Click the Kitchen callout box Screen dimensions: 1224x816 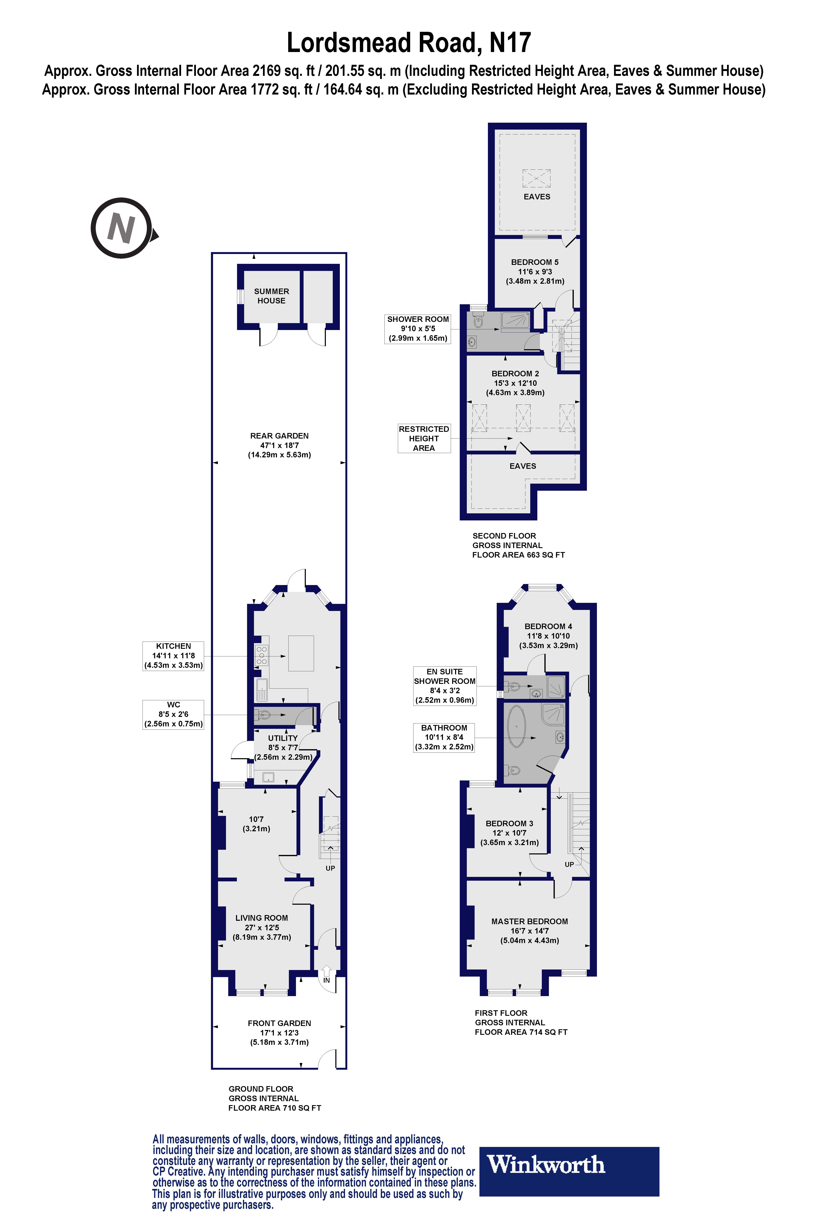pos(173,656)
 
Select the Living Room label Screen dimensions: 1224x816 pos(261,927)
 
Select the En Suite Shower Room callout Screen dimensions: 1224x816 pos(444,686)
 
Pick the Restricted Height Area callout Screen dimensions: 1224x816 pos(424,438)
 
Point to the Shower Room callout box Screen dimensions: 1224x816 pos(417,328)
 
